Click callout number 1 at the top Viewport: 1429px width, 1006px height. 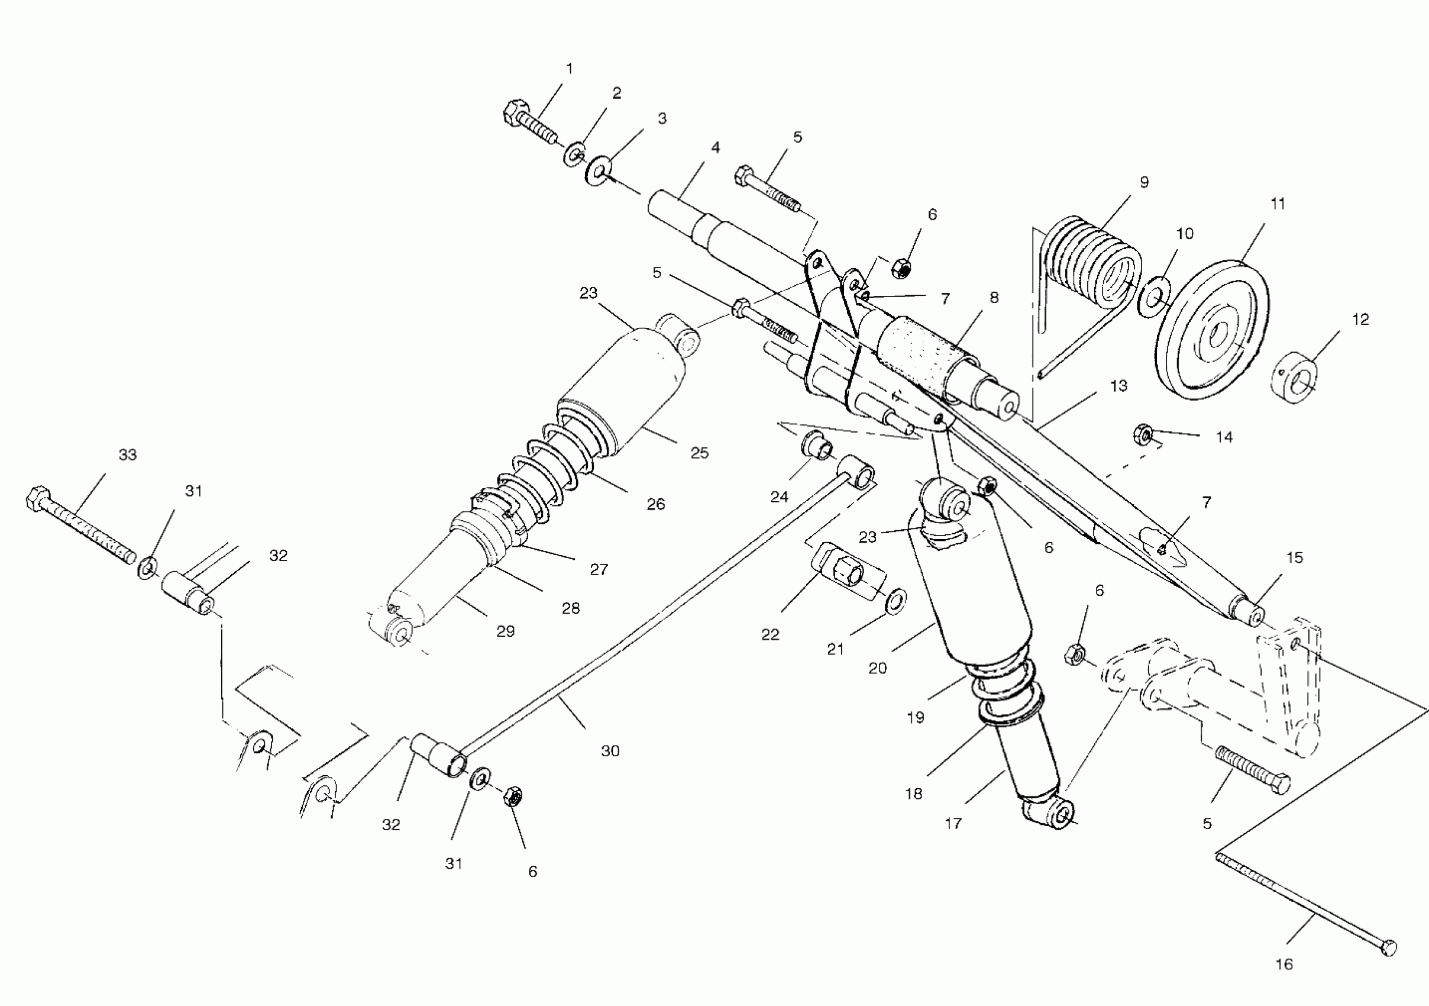pos(569,69)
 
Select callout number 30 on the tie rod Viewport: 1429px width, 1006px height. pos(610,752)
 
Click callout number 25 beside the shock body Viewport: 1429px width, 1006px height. pos(700,453)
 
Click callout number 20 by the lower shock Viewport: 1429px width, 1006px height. pos(878,669)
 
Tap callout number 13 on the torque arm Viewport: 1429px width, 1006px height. pos(1118,386)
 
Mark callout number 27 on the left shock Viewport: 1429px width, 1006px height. pos(599,569)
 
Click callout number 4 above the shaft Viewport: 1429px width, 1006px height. pos(716,148)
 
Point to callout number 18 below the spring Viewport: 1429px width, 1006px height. pos(914,794)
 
